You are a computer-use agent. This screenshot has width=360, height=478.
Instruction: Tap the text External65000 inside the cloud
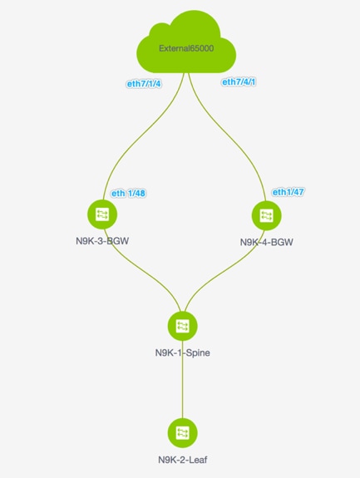186,48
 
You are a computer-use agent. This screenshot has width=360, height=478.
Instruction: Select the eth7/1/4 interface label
144,83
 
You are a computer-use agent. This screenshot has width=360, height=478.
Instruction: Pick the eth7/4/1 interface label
239,82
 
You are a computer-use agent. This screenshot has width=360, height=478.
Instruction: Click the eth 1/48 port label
128,193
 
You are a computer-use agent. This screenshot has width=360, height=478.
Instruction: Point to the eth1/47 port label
288,192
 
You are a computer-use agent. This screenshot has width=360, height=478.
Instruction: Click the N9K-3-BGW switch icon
102,214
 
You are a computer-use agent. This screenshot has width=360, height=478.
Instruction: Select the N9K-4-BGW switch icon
266,215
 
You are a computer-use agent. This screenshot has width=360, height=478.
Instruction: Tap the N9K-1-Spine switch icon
183,326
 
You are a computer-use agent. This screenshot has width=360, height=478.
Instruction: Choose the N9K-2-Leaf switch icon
183,433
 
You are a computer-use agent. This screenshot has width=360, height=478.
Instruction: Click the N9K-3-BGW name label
102,241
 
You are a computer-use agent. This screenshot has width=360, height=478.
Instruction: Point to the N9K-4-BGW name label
266,242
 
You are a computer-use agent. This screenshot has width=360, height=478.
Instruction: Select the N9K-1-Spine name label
183,352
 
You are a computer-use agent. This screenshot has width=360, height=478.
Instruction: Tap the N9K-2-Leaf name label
183,460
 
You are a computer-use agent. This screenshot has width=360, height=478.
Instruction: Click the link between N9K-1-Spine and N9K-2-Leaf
183,380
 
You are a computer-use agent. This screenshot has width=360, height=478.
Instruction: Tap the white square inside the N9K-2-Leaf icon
183,433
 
